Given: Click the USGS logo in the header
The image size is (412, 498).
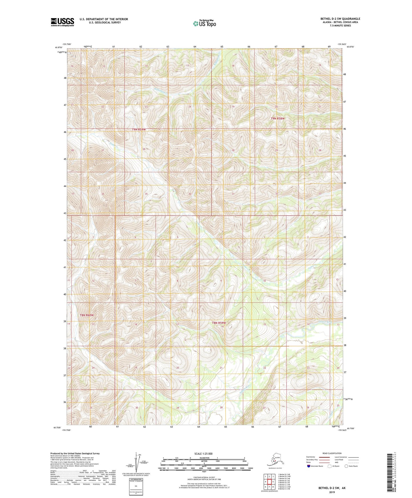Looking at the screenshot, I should pos(62,22).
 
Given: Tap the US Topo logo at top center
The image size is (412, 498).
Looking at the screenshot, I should pos(204,23).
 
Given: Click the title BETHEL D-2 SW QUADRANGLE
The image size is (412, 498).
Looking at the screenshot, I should pos(340,19).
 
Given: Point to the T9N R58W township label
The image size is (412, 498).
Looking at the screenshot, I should pos(277,118).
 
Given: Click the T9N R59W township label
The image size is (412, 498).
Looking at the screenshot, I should pos(139,129).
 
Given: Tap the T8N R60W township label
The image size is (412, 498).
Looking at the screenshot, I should pos(87,315).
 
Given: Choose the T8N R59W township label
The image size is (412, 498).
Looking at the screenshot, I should pos(221,323).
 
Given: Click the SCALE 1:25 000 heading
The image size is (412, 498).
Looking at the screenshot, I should pos(203,454).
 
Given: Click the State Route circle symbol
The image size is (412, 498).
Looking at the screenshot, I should pos(346,466).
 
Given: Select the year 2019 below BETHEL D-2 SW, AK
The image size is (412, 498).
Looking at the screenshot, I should pos(332,492).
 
